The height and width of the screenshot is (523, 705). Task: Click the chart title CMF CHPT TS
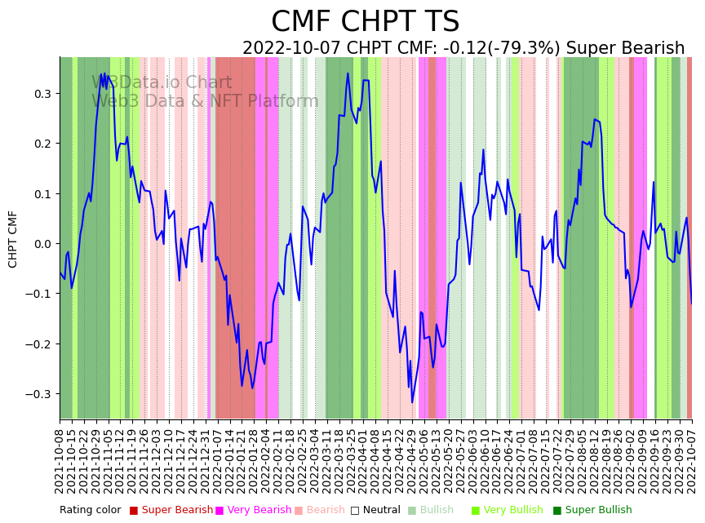point(365,22)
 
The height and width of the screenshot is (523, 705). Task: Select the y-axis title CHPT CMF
point(13,239)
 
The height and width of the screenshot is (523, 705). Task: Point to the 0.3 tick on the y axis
point(42,94)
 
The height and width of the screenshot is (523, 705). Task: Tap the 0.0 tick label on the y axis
point(42,244)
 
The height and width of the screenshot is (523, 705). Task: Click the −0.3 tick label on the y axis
point(39,394)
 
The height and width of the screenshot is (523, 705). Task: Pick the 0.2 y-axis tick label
point(42,144)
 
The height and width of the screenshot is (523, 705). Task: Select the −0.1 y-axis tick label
point(39,294)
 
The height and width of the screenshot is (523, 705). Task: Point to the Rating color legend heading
point(90,510)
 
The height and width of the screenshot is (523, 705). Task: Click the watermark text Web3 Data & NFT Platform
point(205,101)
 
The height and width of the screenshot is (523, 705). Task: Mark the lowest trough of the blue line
point(412,402)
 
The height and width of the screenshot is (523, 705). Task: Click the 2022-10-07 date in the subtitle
point(288,49)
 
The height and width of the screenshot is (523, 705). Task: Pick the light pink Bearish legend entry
point(326,510)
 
